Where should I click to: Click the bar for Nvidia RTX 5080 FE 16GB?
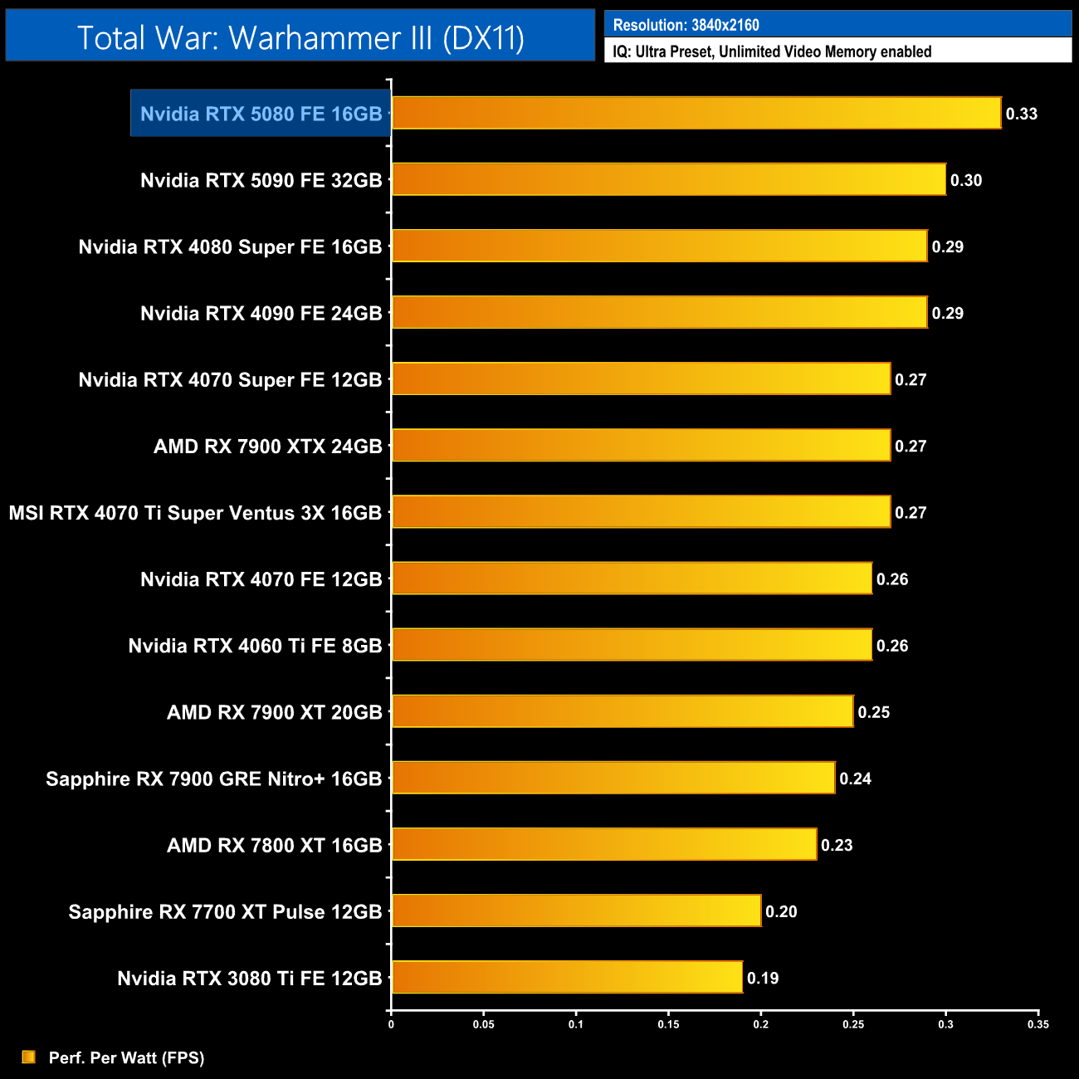[696, 113]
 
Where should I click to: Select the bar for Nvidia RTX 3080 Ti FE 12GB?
[567, 977]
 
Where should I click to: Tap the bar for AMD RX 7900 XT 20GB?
[622, 711]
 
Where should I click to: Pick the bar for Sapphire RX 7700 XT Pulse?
[576, 911]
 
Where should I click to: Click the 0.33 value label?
[1021, 114]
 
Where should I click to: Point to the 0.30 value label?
[965, 180]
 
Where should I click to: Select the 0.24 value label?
[855, 779]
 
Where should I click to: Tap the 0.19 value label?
[762, 978]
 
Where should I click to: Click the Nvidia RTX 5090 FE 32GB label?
[261, 180]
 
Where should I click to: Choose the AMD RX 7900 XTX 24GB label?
[267, 447]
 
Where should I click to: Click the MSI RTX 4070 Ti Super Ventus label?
[195, 513]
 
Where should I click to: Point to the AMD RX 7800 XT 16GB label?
[274, 845]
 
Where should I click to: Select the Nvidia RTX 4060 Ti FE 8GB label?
[255, 646]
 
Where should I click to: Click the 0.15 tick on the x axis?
[668, 1024]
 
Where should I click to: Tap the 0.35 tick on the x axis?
[1037, 1024]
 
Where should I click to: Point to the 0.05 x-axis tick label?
[483, 1024]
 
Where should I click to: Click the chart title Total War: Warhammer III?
[300, 37]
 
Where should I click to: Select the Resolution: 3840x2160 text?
[686, 25]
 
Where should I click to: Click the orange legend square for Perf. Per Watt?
[29, 1057]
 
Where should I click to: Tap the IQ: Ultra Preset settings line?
[772, 51]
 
